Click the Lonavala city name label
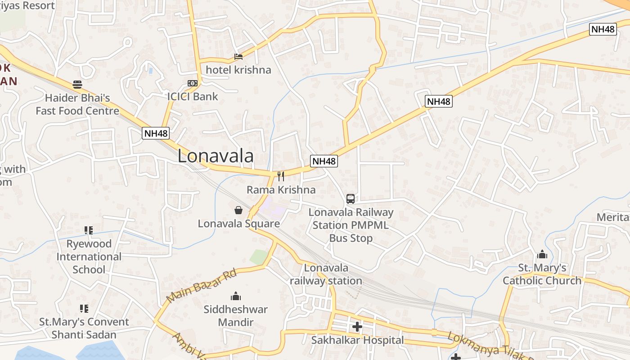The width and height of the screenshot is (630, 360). point(215,156)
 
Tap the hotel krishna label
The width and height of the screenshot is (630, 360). point(238,70)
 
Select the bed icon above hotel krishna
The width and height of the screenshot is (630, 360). point(238,57)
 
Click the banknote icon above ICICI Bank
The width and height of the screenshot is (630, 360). point(193,83)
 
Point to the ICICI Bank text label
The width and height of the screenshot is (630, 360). point(193,96)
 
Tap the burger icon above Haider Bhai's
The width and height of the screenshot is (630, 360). point(77,84)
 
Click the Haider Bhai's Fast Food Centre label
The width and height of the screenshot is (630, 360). point(77,104)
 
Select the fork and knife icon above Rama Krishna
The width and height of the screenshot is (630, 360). point(281,176)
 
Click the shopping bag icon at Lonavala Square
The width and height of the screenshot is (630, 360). point(238,210)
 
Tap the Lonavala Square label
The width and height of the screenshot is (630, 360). point(238,224)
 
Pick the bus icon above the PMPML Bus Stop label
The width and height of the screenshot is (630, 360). point(351,198)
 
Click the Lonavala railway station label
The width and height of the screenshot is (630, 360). point(326,274)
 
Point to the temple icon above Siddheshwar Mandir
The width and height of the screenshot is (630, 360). point(235,296)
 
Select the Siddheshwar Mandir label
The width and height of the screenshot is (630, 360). point(235,316)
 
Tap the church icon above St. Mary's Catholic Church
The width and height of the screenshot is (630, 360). point(542,255)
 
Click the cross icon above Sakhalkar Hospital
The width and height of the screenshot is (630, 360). point(357,327)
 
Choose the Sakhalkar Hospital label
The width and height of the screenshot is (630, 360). point(357,340)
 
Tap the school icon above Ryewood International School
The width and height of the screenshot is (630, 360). point(89,230)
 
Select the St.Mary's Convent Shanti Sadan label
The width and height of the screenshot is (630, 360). point(84,328)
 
